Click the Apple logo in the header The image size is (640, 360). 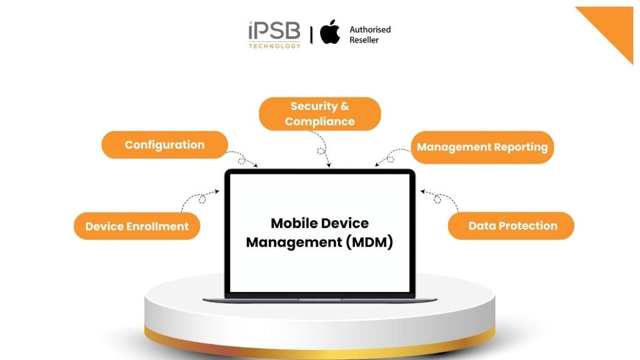click(330, 32)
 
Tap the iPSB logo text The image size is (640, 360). click(274, 31)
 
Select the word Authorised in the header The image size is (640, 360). click(370, 29)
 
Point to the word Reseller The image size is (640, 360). click(364, 41)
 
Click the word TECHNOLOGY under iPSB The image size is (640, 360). click(274, 46)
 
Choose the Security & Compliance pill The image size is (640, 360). click(319, 114)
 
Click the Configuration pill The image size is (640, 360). click(164, 145)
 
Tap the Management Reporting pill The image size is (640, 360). click(482, 147)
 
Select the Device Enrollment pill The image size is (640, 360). click(137, 226)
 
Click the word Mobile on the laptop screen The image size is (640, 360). click(293, 223)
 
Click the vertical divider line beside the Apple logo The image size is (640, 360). click(311, 34)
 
